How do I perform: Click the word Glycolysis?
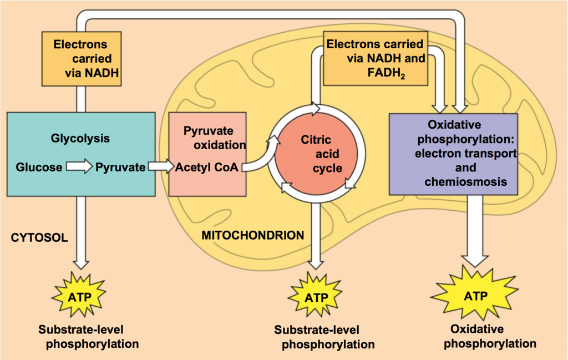pyautogui.click(x=80, y=138)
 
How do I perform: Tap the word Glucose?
pyautogui.click(x=39, y=167)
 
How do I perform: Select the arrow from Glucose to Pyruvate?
pyautogui.click(x=79, y=166)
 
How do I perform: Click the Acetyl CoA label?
pyautogui.click(x=207, y=167)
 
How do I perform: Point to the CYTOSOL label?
pyautogui.click(x=39, y=237)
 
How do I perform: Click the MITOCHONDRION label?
pyautogui.click(x=253, y=235)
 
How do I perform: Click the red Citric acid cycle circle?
pyautogui.click(x=316, y=154)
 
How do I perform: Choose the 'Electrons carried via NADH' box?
pyautogui.click(x=82, y=59)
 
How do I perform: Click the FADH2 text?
pyautogui.click(x=386, y=73)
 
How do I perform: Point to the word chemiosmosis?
pyautogui.click(x=465, y=181)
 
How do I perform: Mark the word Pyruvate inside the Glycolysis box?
pyautogui.click(x=120, y=167)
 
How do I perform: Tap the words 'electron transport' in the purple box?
pyautogui.click(x=465, y=154)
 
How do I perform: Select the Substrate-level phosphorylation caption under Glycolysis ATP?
pyautogui.click(x=88, y=337)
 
